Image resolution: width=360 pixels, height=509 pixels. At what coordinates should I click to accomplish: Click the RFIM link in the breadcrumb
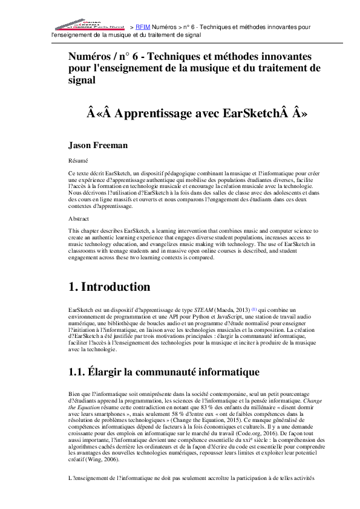pos(143,27)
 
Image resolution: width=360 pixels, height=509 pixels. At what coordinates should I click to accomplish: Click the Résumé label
pos(77,161)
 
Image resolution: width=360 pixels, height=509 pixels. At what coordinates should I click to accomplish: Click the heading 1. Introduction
pos(109,287)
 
